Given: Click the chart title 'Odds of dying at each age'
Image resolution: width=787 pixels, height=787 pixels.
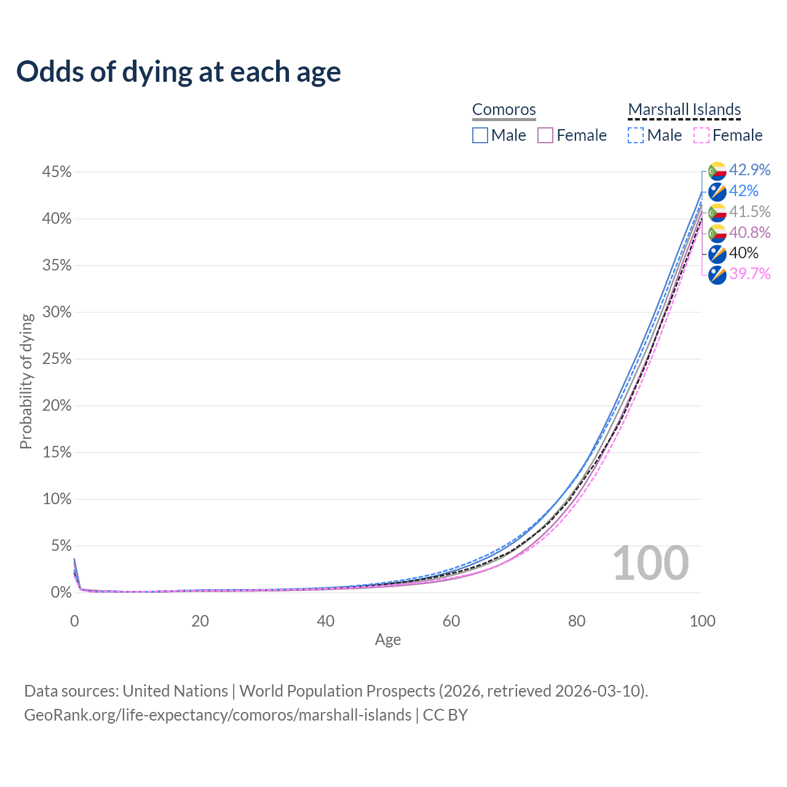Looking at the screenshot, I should coord(178,72).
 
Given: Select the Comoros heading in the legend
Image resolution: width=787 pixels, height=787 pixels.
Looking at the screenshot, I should coord(504,109).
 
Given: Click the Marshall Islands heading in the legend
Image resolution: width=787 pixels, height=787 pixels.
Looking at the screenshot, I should coord(684,109).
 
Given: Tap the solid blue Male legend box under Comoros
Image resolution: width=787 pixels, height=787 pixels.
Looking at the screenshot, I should coord(480,135).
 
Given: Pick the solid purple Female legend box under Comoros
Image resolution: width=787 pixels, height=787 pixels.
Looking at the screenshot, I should coord(545,135).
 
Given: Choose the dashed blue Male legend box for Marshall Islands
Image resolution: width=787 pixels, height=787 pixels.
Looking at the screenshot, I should coord(636,135).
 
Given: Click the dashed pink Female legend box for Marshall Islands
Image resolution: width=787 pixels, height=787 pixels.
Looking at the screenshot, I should coord(702,135).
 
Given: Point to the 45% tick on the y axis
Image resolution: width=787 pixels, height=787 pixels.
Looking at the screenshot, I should coord(57,172).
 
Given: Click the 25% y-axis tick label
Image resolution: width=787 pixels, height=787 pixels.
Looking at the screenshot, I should coord(57,359).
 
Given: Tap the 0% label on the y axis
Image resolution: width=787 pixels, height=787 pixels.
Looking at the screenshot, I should coord(61,593).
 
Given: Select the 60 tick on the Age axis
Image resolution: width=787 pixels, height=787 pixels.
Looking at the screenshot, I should coord(451,621).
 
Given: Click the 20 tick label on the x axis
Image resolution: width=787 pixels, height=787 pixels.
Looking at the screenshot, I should coord(200,621).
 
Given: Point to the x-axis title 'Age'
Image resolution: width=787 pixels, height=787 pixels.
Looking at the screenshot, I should coord(388,640).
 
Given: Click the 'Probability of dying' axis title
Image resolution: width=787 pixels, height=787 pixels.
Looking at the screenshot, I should coord(26,381).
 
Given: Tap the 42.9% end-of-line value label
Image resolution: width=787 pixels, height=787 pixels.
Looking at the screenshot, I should coord(749,170).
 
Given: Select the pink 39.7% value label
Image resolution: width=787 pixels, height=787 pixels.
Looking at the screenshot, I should coord(749,274).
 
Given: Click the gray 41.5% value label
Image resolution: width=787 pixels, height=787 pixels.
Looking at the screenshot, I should coord(749,212).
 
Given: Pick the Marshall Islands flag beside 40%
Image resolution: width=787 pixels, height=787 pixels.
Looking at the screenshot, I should coord(717,253).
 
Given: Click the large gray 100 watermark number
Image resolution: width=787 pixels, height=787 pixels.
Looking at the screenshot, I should coord(651,563).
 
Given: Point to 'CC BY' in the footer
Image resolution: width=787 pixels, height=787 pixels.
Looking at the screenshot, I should coord(445,715).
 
